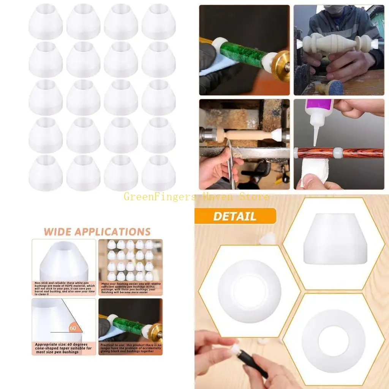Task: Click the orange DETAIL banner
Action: (x=235, y=216)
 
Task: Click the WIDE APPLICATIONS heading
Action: (x=97, y=232)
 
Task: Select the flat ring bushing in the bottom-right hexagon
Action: (x=333, y=341)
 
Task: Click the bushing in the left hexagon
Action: (x=250, y=291)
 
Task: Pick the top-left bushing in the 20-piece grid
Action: (x=46, y=21)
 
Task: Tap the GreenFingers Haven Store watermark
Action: (x=196, y=197)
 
